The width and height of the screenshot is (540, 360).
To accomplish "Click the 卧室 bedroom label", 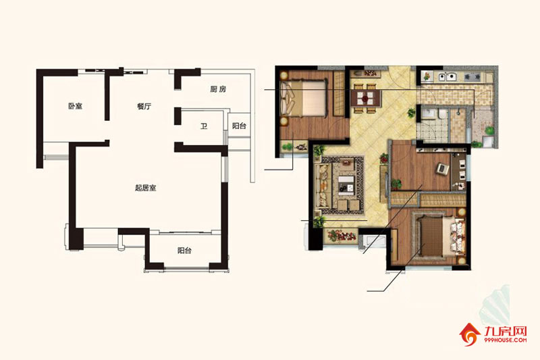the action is coord(75,106).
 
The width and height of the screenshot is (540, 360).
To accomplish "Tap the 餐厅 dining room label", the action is coord(144,106).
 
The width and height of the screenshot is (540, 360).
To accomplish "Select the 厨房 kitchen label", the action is coord(218,89).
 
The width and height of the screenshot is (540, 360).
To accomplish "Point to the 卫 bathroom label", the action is coord(204,126).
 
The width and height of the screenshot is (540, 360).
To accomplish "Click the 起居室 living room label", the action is coord(146,188).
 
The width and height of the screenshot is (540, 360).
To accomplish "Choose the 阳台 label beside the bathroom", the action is coord(239,126).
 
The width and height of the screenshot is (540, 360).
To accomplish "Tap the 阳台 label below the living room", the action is coord(184,251).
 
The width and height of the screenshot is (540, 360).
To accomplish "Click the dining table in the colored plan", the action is coord(367,98).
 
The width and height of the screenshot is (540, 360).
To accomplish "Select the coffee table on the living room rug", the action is coord(346,185).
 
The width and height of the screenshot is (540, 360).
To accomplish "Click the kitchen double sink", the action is coord(448,77).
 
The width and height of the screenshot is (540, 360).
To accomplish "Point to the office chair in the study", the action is coord(442,168).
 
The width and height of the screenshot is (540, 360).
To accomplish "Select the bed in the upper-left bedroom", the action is coord(303,98).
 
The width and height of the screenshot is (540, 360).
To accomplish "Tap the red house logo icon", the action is coord(469,334).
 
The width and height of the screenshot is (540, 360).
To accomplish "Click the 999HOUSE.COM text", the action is coord(505,340).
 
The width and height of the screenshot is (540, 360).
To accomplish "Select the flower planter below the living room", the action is coord(342,236).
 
